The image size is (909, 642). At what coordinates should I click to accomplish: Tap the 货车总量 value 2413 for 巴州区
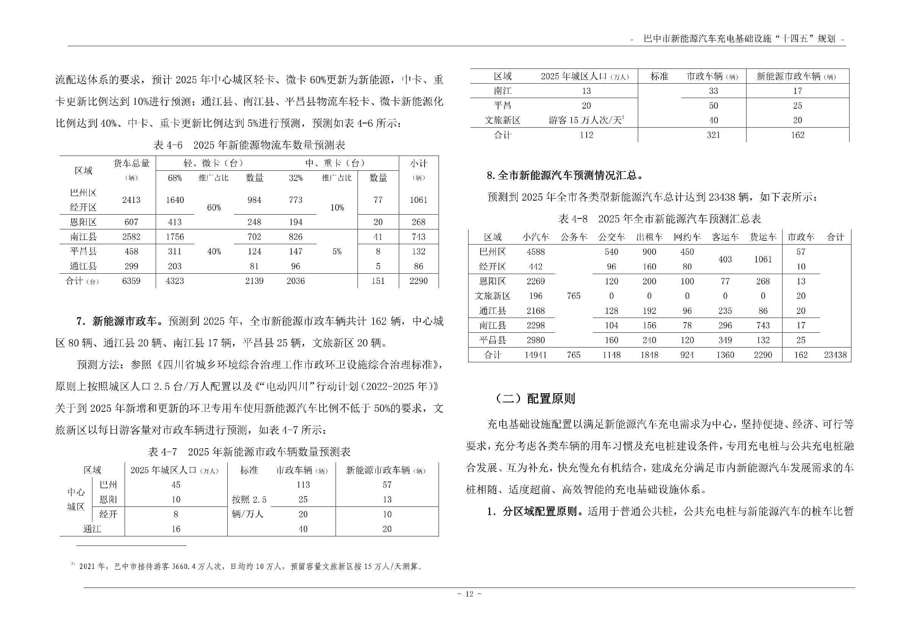coord(131,200)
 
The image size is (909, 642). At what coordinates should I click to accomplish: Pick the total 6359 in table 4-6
coord(131,281)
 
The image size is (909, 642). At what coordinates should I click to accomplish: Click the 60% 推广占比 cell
coord(214,208)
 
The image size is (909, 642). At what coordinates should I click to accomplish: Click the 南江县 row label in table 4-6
coord(83,237)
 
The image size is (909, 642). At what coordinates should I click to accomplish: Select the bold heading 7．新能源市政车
coord(117,321)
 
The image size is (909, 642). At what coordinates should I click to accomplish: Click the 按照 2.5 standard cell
coord(249,500)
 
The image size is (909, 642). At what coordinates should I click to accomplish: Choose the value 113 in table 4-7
coord(303,485)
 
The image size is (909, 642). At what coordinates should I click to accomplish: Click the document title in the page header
coord(739,39)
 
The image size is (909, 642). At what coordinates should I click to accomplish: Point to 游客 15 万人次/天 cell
coord(586,120)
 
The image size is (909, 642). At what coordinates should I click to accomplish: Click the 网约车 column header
coord(687,237)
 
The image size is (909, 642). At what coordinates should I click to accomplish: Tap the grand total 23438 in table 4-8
coord(835,355)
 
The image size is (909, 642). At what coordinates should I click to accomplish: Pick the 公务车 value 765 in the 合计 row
coord(573,355)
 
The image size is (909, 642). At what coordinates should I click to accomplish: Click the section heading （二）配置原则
coord(535,399)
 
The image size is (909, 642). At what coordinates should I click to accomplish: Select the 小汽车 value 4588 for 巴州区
coord(536,252)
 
